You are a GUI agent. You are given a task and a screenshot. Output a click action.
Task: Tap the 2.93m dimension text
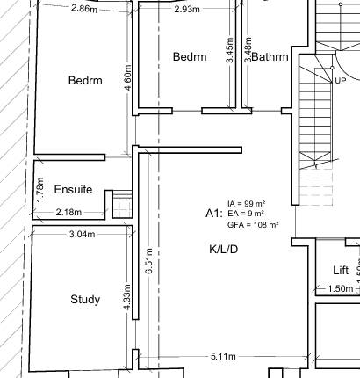click(185, 10)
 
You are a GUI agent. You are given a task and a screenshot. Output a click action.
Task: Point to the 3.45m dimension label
click(229, 52)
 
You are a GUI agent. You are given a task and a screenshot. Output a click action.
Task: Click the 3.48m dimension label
click(248, 52)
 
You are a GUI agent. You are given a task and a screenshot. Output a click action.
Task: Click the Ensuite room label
click(72, 189)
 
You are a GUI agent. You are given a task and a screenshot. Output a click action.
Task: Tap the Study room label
click(85, 300)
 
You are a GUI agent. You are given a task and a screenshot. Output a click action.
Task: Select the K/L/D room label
click(224, 250)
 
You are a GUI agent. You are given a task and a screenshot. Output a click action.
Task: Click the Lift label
click(341, 270)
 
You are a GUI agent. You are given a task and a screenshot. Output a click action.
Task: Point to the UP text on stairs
click(340, 80)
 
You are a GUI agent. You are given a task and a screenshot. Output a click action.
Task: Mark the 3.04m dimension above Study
click(83, 234)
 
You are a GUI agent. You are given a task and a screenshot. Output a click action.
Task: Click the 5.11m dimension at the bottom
click(223, 357)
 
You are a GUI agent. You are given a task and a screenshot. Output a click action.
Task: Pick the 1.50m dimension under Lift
click(340, 289)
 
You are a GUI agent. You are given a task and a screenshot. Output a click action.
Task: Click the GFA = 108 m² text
click(253, 225)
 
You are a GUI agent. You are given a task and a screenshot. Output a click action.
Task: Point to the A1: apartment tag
click(213, 214)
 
